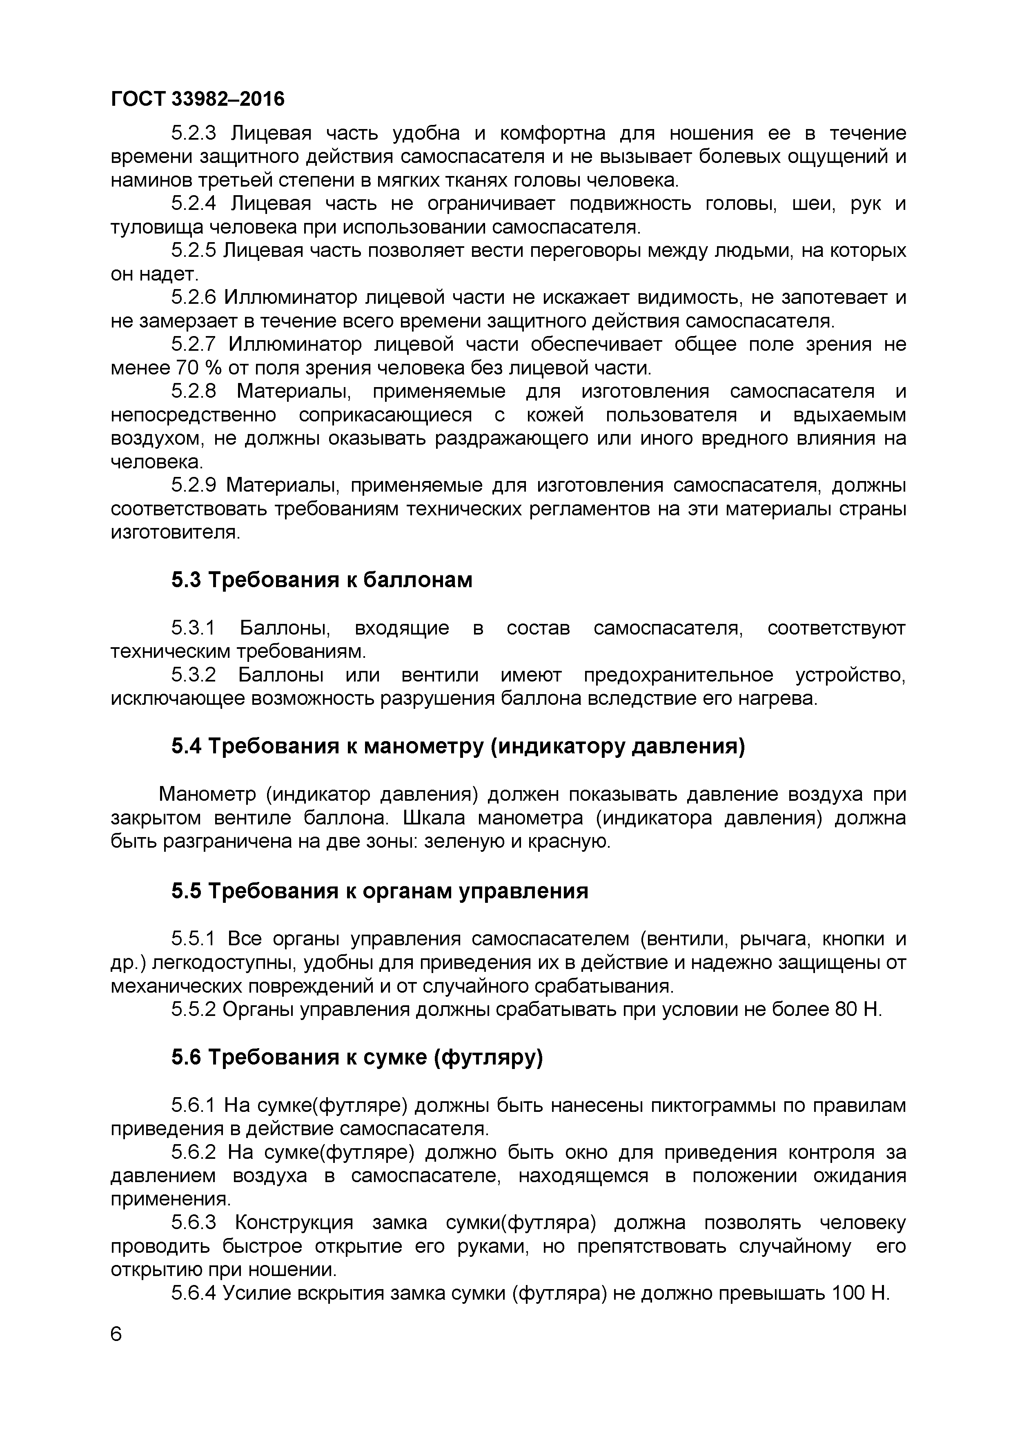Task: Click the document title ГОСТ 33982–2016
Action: coord(197,98)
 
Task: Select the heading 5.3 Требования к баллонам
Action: coord(322,580)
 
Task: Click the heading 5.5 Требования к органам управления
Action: coord(380,891)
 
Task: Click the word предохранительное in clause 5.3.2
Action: coord(679,675)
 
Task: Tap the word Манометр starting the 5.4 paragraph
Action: coord(207,794)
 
